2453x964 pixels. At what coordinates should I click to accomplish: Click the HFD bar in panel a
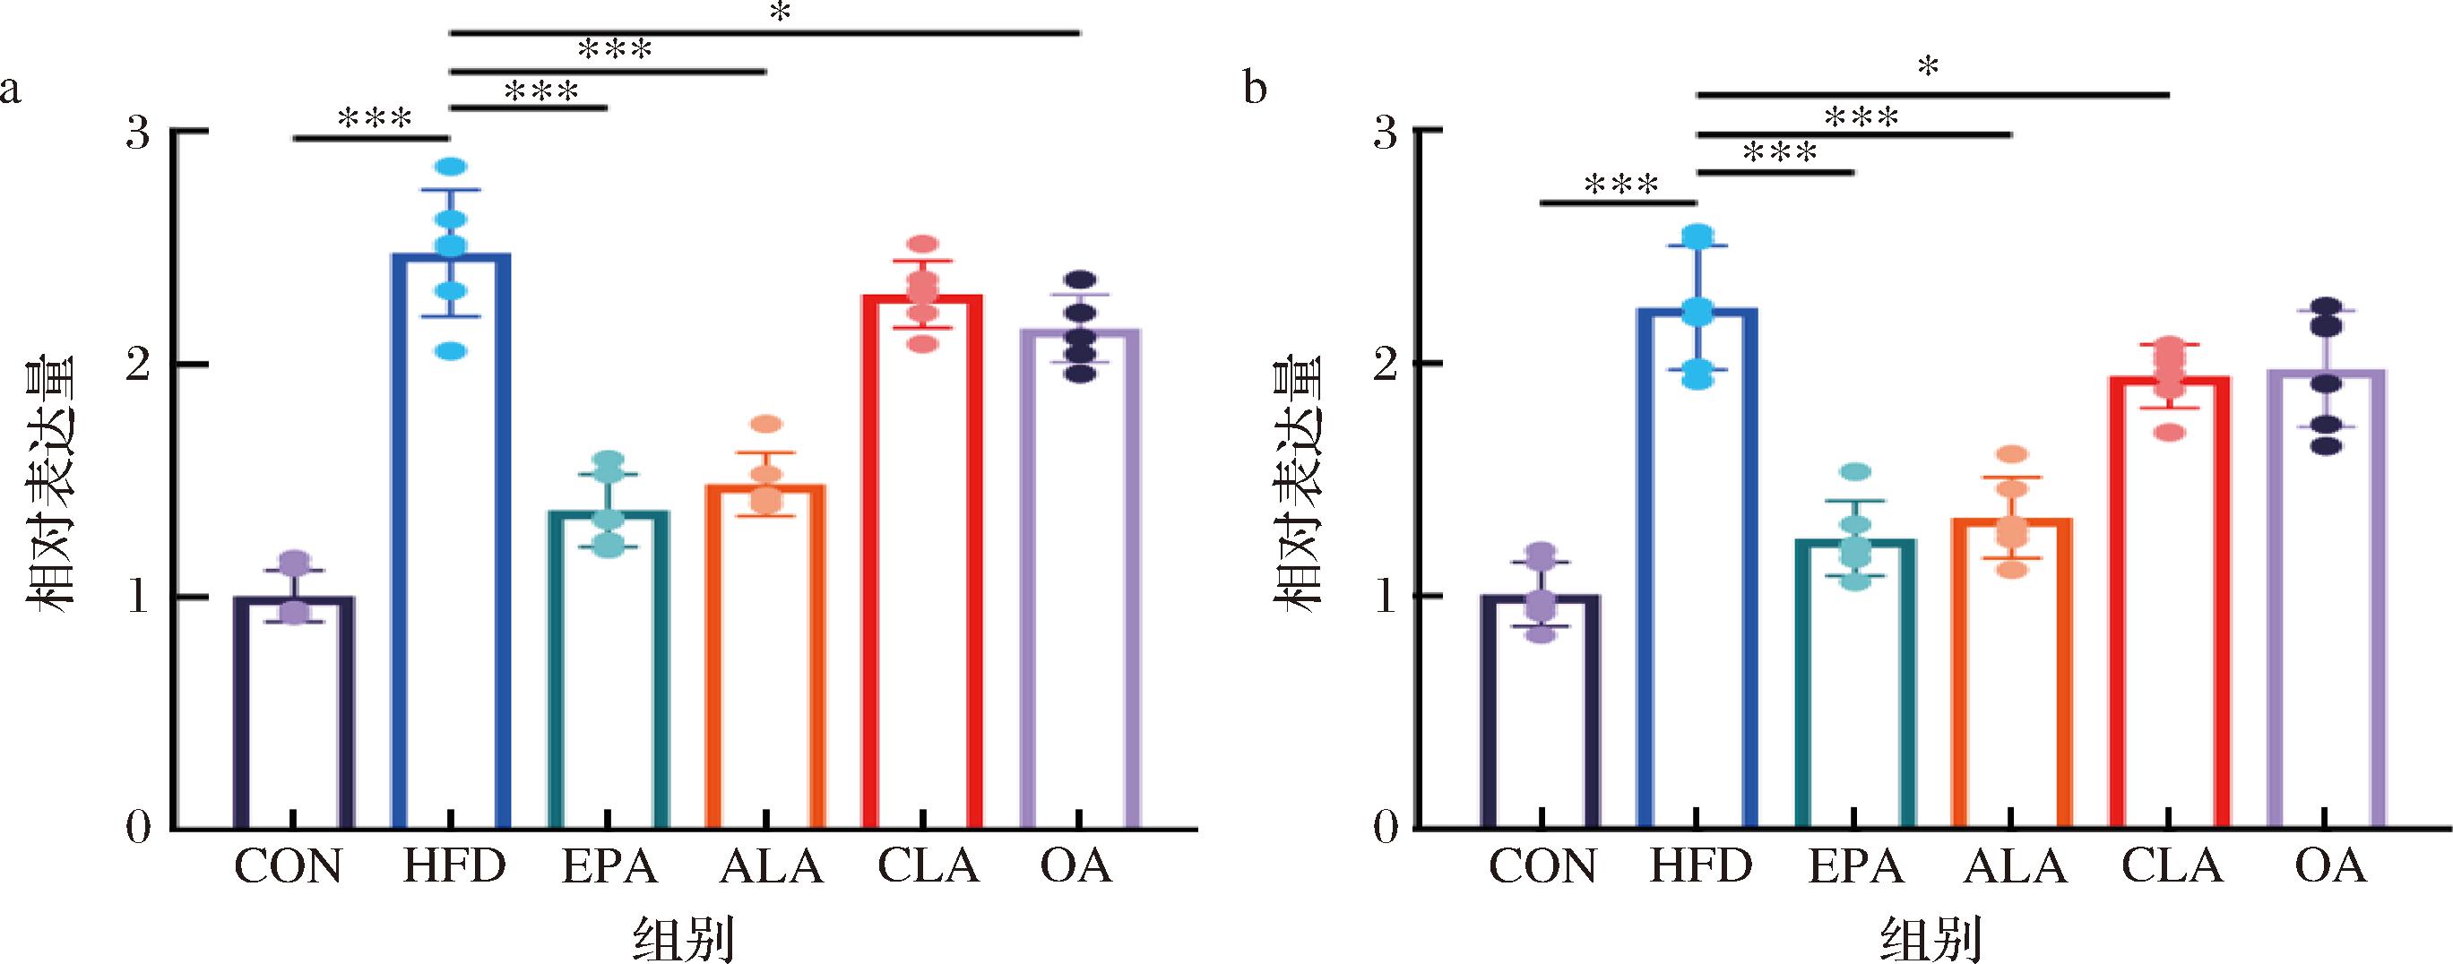452,542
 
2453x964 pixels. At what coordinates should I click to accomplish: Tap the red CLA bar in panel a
921,562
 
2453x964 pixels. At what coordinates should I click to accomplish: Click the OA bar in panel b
2326,599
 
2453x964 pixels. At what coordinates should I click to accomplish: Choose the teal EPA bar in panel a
609,670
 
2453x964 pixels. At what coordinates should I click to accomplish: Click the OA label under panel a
1076,866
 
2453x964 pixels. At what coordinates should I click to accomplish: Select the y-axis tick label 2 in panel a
139,365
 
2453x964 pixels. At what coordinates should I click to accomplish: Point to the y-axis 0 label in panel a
139,828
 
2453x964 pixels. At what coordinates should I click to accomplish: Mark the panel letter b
1256,89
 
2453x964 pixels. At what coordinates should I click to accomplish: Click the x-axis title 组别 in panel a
684,940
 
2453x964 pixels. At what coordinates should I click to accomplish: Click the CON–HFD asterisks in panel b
1620,185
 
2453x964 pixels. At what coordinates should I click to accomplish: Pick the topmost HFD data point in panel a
451,168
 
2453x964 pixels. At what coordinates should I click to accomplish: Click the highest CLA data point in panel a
921,245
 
